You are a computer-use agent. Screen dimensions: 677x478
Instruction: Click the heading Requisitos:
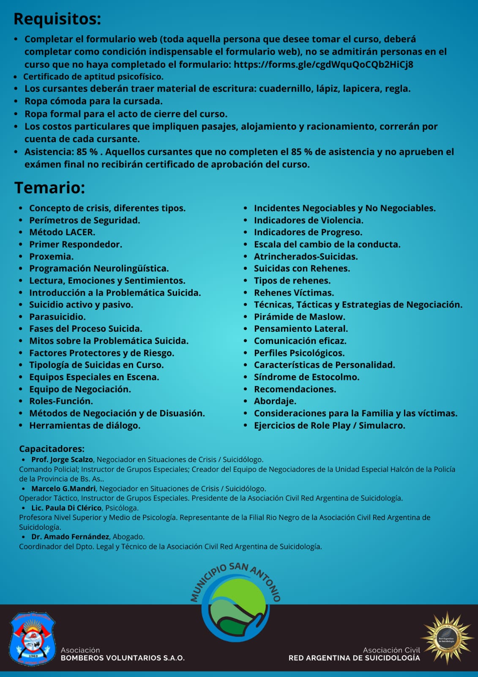coord(57,19)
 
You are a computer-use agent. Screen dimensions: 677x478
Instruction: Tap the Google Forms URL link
coord(323,64)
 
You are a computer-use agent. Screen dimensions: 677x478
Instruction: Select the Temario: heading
coord(50,188)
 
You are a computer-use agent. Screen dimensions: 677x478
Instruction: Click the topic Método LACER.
coord(62,232)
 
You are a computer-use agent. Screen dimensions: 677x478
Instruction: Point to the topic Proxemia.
coord(51,256)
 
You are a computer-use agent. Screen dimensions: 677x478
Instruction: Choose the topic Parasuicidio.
coord(57,316)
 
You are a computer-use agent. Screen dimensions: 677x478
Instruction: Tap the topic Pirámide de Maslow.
coord(299,316)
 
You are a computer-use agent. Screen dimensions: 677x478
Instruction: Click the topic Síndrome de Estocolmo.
coord(306,377)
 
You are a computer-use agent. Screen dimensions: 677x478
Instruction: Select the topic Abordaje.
coord(275,401)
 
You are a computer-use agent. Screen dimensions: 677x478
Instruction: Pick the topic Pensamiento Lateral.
coord(301,329)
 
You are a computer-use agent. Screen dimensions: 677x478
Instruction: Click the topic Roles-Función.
coord(61,401)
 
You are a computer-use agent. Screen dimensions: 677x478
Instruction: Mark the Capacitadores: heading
coord(52,449)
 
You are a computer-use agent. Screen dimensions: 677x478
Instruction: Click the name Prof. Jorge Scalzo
coord(62,460)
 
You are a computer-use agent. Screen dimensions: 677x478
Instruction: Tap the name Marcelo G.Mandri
coord(63,489)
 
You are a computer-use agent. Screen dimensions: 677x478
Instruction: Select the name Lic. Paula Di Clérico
coord(66,508)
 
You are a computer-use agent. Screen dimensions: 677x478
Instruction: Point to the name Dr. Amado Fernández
coord(70,537)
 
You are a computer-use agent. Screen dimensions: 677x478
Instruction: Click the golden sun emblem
coord(446,638)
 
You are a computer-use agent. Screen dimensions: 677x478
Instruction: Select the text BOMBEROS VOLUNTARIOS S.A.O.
coord(123,658)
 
